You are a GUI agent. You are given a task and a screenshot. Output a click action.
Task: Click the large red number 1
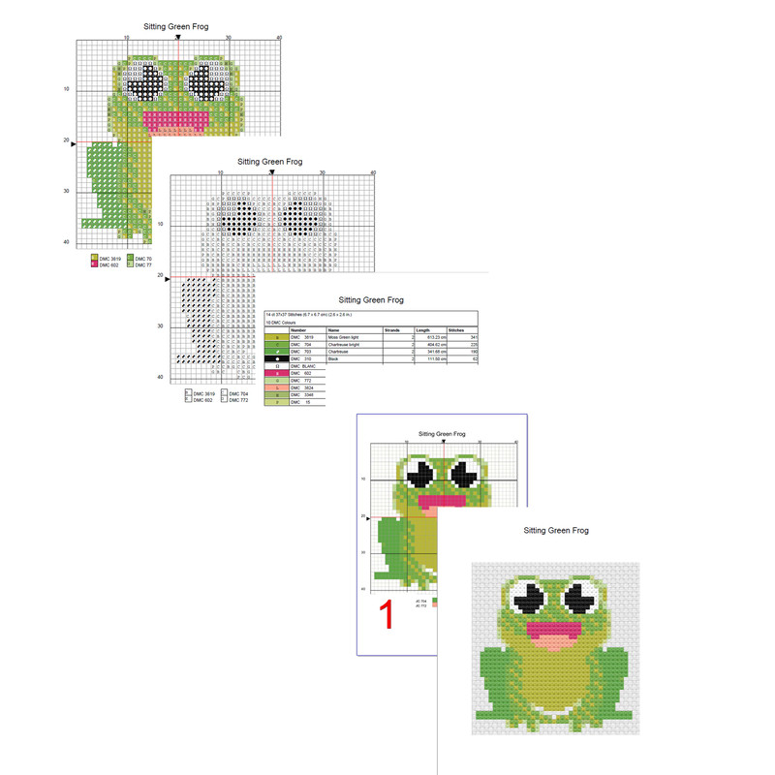tap(386, 615)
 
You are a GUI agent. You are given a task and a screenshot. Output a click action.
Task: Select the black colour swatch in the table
tap(276, 359)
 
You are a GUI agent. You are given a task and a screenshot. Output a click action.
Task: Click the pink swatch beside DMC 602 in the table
tap(276, 374)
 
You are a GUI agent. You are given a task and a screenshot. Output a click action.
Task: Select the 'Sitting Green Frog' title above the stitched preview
tap(555, 531)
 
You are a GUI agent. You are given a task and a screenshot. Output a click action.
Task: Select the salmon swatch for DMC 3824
tap(276, 388)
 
